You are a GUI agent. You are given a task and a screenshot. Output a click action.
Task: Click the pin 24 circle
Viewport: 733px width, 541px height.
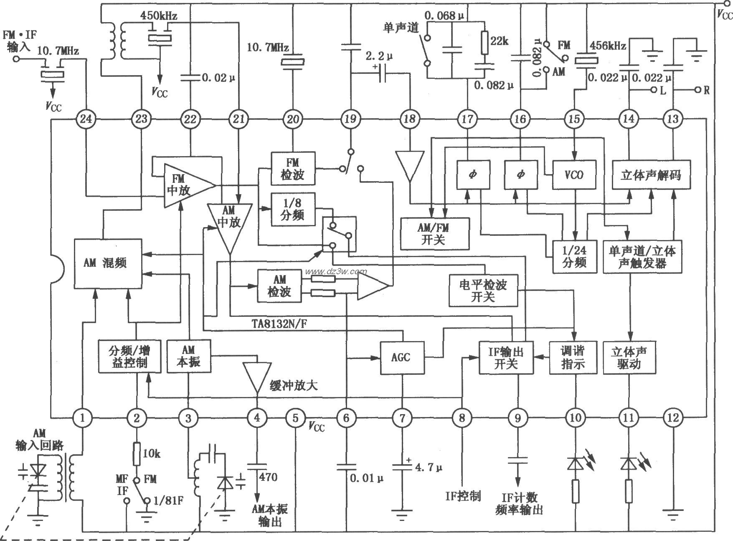pos(86,119)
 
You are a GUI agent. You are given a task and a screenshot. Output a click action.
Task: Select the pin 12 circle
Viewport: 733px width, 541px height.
pos(673,417)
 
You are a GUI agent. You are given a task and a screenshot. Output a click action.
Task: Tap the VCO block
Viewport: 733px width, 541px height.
pos(574,174)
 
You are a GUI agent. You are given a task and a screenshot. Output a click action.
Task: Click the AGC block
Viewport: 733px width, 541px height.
pos(401,357)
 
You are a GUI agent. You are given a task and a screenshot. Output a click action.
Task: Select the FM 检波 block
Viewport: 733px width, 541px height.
pos(292,168)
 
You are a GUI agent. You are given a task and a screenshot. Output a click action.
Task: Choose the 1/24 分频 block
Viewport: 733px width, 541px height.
pos(575,256)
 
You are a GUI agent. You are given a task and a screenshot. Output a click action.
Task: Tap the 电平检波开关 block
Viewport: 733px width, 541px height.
pos(483,291)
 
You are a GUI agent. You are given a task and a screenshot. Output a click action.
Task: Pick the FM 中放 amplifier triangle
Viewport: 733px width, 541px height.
pos(184,185)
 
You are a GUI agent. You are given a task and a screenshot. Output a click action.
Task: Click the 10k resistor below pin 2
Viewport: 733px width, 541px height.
pos(137,454)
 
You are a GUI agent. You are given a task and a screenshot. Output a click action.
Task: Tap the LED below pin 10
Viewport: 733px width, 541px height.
pos(576,465)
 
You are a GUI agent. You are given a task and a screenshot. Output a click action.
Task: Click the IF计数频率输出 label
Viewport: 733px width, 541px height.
pos(519,503)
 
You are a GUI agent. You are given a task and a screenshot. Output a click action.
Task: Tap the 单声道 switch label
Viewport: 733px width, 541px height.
pos(401,27)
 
